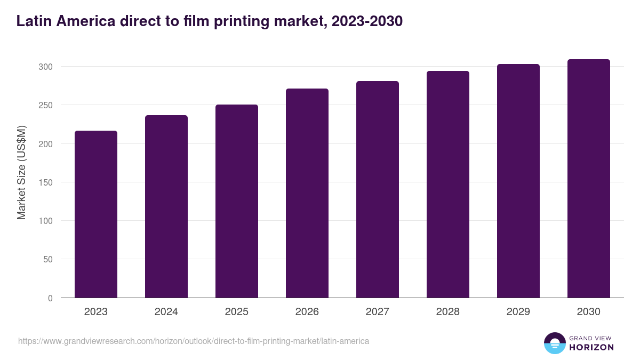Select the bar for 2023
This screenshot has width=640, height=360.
point(96,214)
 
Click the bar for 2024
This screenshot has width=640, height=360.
point(166,206)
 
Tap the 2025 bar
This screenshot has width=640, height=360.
point(237,201)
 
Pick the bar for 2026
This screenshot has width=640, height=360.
point(307,193)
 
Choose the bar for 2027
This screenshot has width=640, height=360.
point(378,189)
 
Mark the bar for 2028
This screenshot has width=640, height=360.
point(448,184)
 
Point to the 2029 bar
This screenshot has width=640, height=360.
point(518,181)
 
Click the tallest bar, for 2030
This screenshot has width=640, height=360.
point(589,178)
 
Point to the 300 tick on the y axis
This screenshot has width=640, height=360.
point(46,67)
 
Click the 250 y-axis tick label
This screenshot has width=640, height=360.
point(46,105)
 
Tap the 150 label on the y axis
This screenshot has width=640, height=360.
point(46,182)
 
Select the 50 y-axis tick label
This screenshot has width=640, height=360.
point(48,259)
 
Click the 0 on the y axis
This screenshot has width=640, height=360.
point(50,298)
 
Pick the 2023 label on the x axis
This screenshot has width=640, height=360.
point(96,312)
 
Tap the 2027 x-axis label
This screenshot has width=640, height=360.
point(378,312)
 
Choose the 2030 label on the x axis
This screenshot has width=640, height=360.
point(589,312)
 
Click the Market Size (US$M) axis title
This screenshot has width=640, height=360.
point(21,173)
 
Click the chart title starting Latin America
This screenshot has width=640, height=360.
point(209,21)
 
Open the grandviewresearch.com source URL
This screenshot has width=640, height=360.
point(194,341)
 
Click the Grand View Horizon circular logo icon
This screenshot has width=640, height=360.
point(555,343)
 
